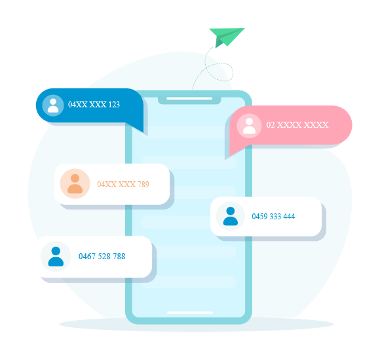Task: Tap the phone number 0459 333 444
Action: pos(273,216)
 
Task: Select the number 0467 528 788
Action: pos(102,256)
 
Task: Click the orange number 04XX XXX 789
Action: pos(123,184)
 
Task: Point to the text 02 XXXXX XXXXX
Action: pos(297,124)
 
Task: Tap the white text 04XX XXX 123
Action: pos(94,104)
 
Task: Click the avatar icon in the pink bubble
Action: pos(249,126)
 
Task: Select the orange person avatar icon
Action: pos(75,184)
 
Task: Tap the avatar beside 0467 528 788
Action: pos(56,257)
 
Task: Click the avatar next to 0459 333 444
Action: pos(231,216)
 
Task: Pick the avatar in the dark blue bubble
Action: pos(53,105)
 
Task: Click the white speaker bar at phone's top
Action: pos(189,99)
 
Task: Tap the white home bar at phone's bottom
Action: pos(190,313)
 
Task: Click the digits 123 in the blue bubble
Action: pos(114,104)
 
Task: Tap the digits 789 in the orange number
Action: pos(143,184)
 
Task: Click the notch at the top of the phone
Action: pos(189,100)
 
